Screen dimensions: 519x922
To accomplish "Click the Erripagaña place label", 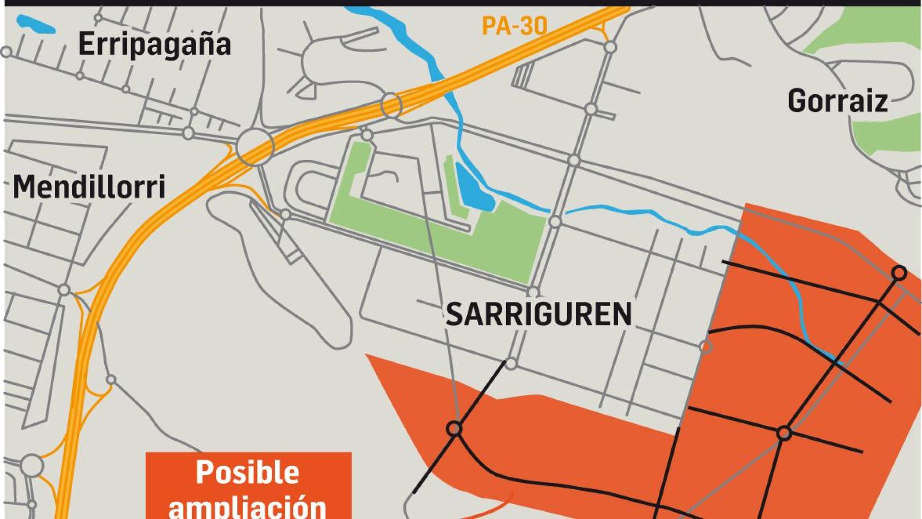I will coord(154,44).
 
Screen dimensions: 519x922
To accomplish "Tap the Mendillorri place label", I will coord(89,187).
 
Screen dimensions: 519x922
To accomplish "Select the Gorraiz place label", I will coord(837,101).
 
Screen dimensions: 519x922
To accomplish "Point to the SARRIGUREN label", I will coord(538,314).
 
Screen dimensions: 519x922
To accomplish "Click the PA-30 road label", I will coord(514,26).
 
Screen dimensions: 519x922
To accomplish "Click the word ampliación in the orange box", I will coord(247,506).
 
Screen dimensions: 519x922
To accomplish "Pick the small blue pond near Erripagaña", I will coord(36,24).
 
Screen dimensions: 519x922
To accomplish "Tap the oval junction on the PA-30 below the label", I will coord(391,105).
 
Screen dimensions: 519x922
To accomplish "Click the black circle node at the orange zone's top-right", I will coord(899,273).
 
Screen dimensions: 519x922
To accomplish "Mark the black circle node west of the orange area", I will coord(454,428).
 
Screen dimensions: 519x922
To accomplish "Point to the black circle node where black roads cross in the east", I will coord(784,433).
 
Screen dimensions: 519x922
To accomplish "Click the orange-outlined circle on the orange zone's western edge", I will coord(705,346).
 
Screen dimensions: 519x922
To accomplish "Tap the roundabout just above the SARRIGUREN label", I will coord(533,292).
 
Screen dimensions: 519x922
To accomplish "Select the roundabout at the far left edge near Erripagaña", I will coord(6,51).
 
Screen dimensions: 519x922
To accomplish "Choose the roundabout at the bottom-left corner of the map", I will coord(32,465).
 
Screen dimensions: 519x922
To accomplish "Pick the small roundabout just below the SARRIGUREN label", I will coord(511,364).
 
